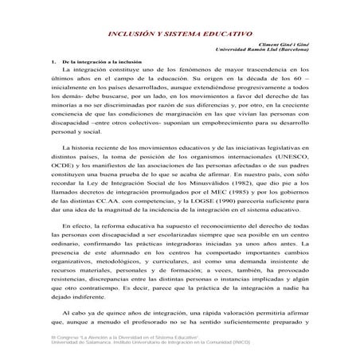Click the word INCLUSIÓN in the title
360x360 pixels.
pyautogui.click(x=130, y=35)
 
